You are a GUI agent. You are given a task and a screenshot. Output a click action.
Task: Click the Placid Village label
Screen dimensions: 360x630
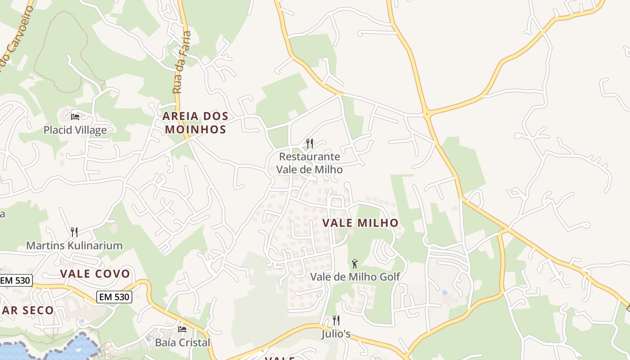75,130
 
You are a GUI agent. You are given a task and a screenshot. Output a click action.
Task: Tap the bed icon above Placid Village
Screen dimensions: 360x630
75,117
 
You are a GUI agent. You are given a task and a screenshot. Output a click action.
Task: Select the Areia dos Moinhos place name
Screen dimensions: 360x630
195,123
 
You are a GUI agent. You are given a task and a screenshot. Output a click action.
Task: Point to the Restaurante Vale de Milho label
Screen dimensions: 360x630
309,163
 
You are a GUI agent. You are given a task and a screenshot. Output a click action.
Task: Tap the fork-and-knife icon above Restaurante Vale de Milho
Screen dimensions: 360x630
310,144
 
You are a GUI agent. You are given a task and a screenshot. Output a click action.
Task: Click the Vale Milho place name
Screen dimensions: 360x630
360,223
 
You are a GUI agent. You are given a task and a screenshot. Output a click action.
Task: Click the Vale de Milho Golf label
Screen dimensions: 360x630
355,277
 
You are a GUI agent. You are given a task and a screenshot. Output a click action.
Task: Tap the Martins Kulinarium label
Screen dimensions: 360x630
74,246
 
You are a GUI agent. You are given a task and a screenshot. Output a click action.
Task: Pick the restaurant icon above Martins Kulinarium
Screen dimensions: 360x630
74,232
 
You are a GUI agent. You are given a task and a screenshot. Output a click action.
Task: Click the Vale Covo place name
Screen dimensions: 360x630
95,274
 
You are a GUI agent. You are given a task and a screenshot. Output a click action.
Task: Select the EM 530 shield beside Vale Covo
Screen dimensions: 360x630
114,297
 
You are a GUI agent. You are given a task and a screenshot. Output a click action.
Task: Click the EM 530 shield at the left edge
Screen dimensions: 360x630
15,280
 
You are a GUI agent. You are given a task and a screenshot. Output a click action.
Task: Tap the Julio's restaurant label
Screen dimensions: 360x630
336,334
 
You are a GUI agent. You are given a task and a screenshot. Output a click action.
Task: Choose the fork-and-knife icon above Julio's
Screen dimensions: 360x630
336,320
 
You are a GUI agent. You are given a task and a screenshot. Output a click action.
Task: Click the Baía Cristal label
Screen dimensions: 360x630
182,342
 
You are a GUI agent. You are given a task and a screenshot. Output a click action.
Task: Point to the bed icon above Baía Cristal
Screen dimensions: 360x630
182,329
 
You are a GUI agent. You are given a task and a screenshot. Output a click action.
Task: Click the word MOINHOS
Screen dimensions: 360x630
195,130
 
